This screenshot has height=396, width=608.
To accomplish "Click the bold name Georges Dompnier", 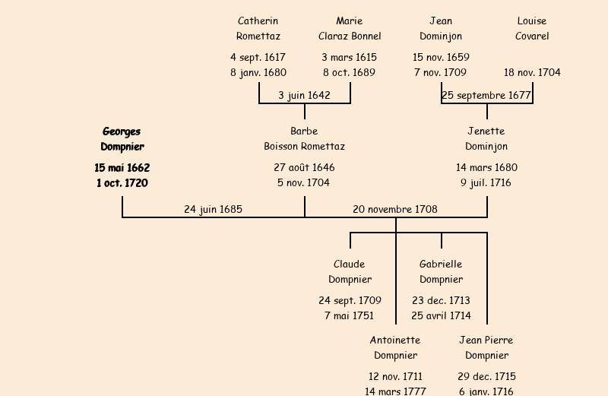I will coord(122,139).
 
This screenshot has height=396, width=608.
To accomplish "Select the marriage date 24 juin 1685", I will coord(213,209).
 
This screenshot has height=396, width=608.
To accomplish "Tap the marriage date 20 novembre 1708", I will coord(395,209).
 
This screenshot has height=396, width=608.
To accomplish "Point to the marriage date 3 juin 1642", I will coord(304,95).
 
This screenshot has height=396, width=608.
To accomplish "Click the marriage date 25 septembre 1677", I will coord(486,95).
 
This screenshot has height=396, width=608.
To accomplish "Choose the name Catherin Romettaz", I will coord(258,28).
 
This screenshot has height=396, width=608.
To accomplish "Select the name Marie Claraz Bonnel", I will coord(350,28).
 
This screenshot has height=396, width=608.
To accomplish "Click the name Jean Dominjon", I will coord(441,28).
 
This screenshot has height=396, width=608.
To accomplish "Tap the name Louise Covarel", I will coord(532,28).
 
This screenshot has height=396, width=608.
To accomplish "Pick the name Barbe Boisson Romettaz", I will coord(304,139).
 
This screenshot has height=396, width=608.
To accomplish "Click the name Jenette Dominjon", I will coord(486,139).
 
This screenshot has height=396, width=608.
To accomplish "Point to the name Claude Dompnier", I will coord(350,271).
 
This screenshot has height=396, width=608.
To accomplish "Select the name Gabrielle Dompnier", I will coord(441,271).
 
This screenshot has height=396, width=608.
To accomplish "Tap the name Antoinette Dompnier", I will coord(395,347).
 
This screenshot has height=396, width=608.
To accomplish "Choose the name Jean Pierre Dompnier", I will coord(486,347).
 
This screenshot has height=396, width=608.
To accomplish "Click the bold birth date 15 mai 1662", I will coord(122,167).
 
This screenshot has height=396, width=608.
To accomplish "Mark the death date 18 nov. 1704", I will coord(532,72).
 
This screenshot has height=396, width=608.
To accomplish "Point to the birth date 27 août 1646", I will coord(304,167).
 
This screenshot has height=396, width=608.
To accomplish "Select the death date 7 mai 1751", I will coord(350,315).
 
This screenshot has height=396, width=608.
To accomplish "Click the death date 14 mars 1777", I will coord(395,391).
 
